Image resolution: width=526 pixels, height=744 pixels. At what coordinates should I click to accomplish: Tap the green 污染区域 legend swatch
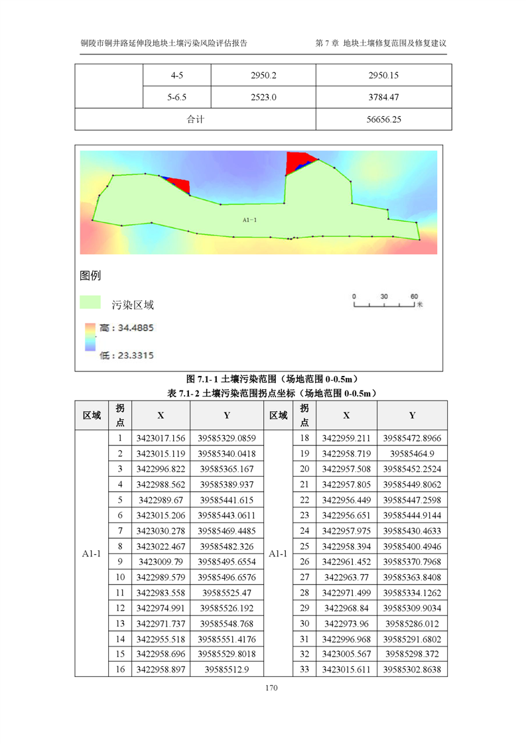90,303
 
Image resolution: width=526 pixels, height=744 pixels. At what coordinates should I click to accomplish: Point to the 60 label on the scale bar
413,296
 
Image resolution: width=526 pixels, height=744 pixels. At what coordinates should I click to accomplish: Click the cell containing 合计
195,120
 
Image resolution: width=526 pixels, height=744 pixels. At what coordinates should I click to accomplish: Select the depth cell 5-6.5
177,97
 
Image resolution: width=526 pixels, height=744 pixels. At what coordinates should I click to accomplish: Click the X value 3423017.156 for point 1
161,438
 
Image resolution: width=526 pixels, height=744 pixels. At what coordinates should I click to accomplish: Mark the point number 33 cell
304,669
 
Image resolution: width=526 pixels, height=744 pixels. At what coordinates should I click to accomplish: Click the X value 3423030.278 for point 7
161,531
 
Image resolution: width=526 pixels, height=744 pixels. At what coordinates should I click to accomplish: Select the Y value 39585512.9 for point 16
226,669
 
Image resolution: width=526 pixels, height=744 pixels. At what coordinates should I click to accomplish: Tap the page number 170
270,688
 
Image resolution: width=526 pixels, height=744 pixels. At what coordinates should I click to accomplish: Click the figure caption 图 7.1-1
273,379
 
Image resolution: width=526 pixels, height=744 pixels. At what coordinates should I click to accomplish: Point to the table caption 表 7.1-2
273,393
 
